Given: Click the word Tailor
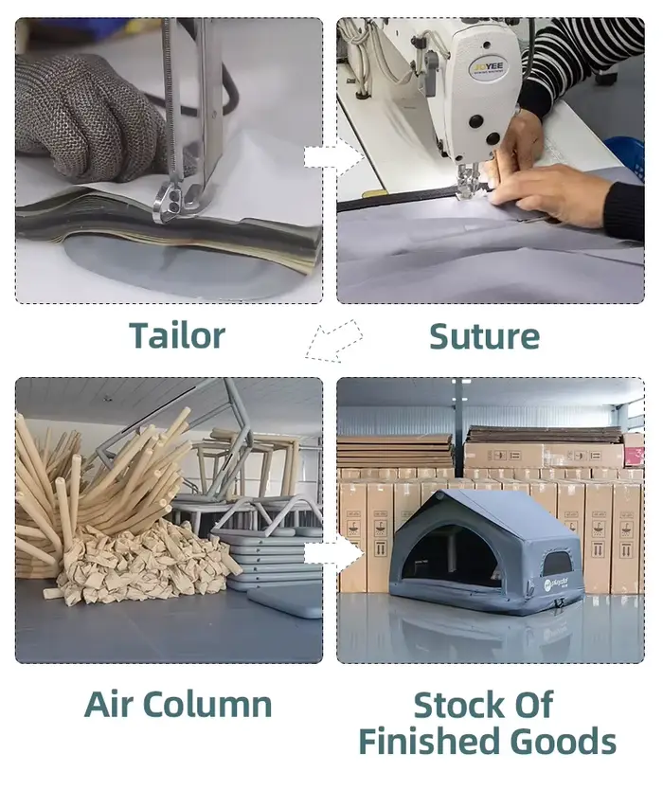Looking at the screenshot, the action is click(x=177, y=335).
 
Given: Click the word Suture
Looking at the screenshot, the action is click(x=484, y=336).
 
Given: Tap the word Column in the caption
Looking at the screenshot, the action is click(x=214, y=704).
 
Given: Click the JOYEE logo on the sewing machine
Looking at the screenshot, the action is click(x=489, y=67).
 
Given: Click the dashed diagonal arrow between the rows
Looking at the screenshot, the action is click(x=333, y=340).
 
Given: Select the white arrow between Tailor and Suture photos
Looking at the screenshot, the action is click(x=333, y=156).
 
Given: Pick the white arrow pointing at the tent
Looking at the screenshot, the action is click(x=333, y=554).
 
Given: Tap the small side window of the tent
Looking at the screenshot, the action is click(x=558, y=564).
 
